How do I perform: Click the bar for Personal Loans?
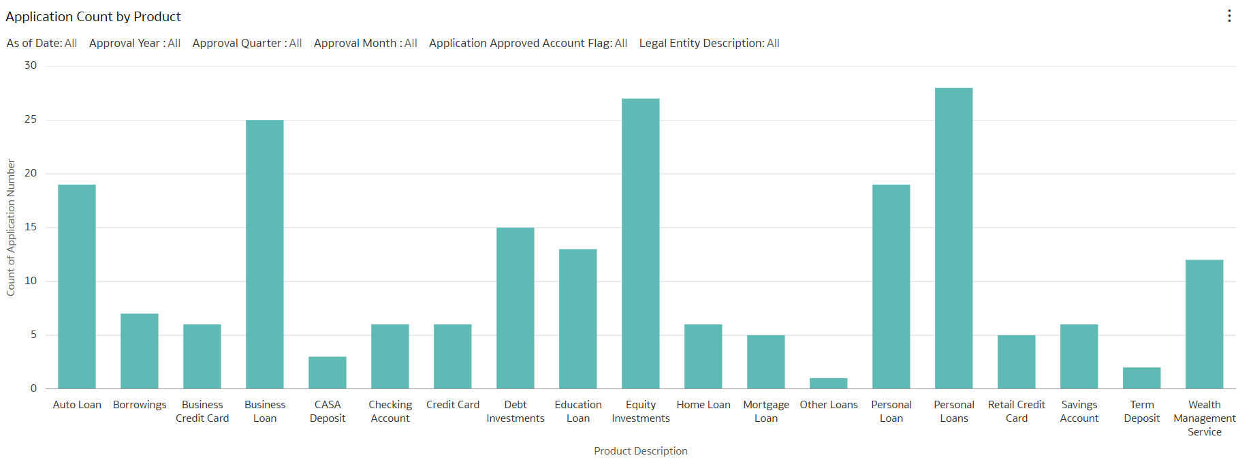tap(953, 239)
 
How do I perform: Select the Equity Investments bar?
tap(640, 244)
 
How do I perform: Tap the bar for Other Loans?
tap(828, 384)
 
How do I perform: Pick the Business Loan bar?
tap(264, 254)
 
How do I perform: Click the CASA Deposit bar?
tap(327, 373)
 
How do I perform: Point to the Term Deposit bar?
tap(1141, 378)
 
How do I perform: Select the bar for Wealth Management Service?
tap(1204, 324)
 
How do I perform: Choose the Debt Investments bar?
tap(515, 308)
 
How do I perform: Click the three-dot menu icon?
tap(1228, 16)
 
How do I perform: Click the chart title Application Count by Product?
tap(93, 16)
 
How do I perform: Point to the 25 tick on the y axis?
tap(31, 119)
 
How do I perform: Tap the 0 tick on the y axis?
tap(33, 388)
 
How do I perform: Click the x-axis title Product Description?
tap(640, 451)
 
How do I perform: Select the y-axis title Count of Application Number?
tap(11, 228)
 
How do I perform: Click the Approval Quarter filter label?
tap(247, 43)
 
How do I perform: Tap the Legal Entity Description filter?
tap(709, 43)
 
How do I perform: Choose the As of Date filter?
tap(42, 43)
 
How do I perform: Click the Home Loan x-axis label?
tap(703, 405)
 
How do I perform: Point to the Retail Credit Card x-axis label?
tap(1016, 412)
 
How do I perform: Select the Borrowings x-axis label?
tap(140, 405)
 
